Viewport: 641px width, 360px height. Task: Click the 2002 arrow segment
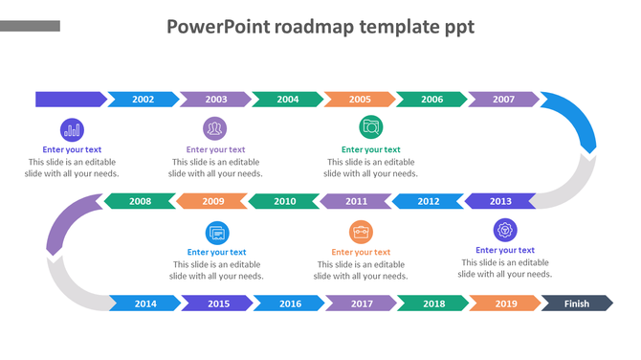click(x=143, y=99)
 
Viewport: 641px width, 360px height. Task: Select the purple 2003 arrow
click(x=215, y=99)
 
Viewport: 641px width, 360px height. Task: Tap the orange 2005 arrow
click(x=360, y=99)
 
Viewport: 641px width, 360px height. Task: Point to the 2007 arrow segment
click(x=504, y=99)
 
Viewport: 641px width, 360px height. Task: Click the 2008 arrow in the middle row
click(x=140, y=201)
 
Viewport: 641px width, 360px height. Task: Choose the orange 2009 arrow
click(x=212, y=201)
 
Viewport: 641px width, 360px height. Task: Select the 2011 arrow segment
click(x=356, y=201)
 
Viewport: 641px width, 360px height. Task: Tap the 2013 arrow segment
click(x=499, y=201)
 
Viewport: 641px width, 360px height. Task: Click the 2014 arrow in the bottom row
click(x=145, y=304)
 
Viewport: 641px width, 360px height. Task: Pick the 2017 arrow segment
click(x=362, y=304)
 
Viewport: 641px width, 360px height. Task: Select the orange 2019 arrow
click(x=506, y=304)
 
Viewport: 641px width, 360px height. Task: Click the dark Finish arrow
click(x=577, y=304)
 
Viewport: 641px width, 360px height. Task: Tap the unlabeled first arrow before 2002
click(x=70, y=99)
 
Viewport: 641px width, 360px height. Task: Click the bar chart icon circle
click(x=72, y=129)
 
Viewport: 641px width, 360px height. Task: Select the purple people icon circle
click(x=214, y=128)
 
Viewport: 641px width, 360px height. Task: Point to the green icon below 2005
click(x=370, y=127)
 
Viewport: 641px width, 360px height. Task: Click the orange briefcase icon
click(x=361, y=232)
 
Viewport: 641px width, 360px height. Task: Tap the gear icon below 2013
click(x=505, y=230)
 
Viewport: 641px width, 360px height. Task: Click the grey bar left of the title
click(x=31, y=26)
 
